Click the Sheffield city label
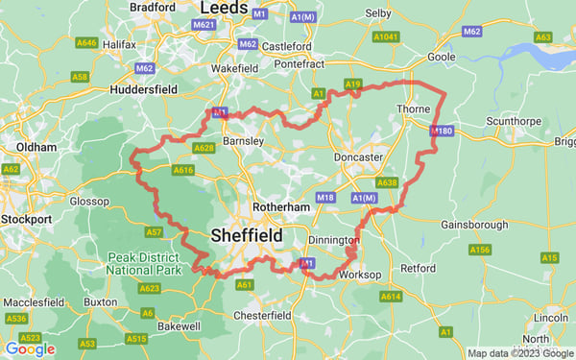pos(246,235)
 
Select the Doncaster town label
pos(358,156)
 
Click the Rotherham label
pos(279,206)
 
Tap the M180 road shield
pos(442,131)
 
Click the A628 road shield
pos(204,148)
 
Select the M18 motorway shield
pos(325,198)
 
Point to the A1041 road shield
pos(386,36)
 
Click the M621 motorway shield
pos(204,24)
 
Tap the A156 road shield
pos(480,250)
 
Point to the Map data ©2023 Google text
pos(519,353)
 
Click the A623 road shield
pos(149,288)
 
